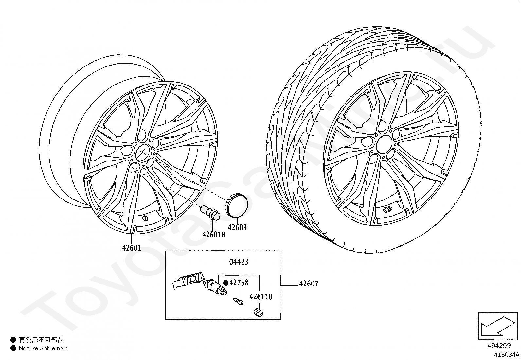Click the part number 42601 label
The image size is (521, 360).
pyautogui.click(x=132, y=248)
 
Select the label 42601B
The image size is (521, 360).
pyautogui.click(x=214, y=235)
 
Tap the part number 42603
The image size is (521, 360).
pyautogui.click(x=237, y=227)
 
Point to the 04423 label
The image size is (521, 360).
pyautogui.click(x=239, y=262)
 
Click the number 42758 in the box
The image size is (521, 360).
pyautogui.click(x=239, y=282)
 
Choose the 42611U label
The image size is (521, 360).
pyautogui.click(x=261, y=297)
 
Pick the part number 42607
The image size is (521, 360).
pyautogui.click(x=309, y=284)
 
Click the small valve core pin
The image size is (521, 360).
pyautogui.click(x=238, y=301)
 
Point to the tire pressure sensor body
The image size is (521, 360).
pyautogui.click(x=188, y=280)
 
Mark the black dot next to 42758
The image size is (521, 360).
pyautogui.click(x=225, y=282)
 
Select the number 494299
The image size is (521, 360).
pyautogui.click(x=499, y=345)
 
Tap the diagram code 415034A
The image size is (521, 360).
pyautogui.click(x=507, y=354)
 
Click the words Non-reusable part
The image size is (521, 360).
pyautogui.click(x=43, y=348)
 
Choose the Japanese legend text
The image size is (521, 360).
pyautogui.click(x=41, y=340)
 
